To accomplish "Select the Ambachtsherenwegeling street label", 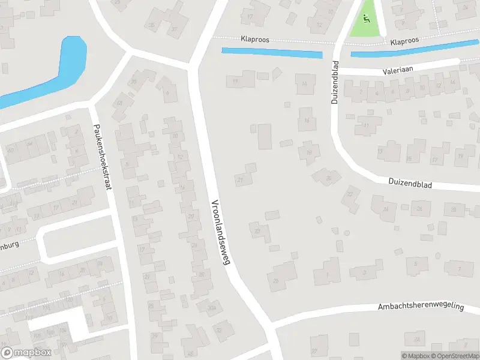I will pyautogui.click(x=421, y=306).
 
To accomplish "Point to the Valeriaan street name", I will pyautogui.click(x=400, y=71).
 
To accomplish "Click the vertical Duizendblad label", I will pyautogui.click(x=335, y=82).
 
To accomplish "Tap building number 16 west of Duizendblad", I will pyautogui.click(x=307, y=120).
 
